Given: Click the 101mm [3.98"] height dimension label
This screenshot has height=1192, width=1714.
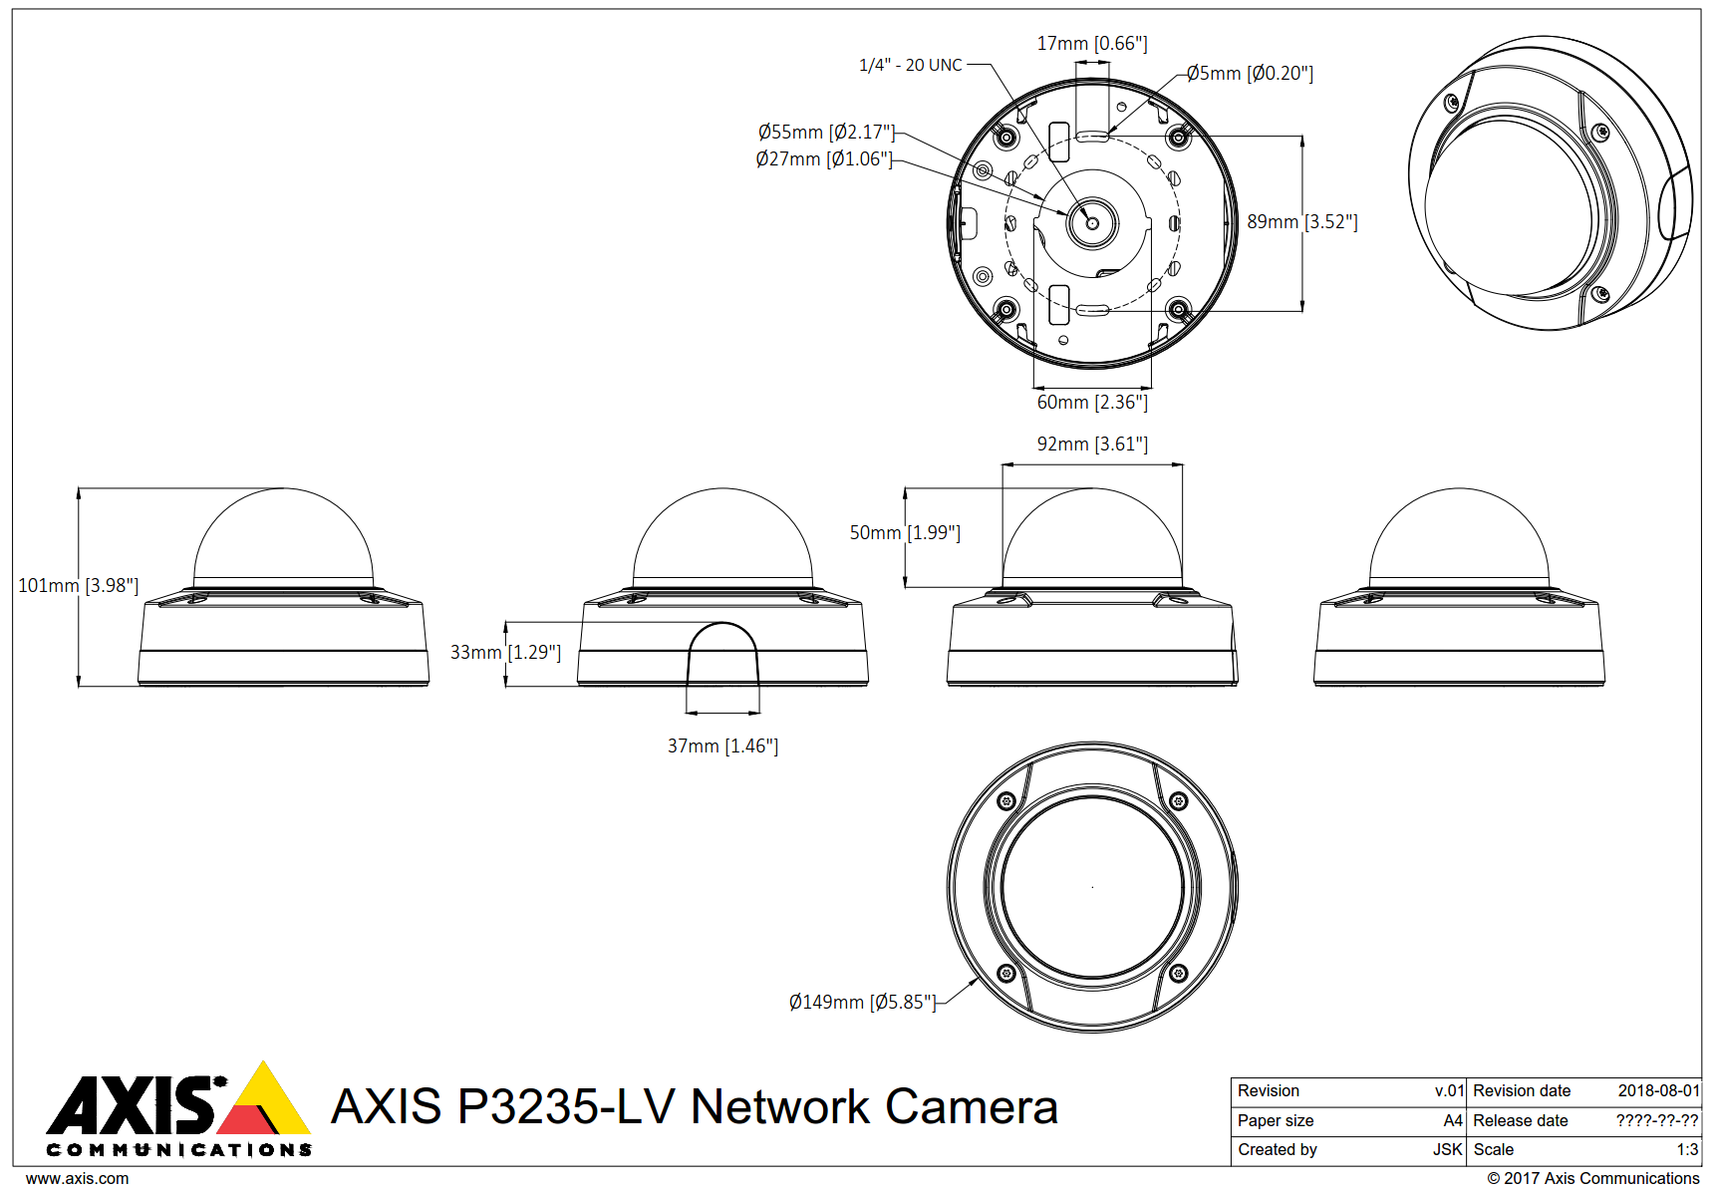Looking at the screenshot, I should (78, 586).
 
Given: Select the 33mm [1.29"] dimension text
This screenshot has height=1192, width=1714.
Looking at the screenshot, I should (505, 653).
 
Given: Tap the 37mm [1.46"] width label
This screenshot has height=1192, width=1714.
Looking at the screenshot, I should (722, 746).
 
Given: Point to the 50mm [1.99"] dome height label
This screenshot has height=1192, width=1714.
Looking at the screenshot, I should (905, 533).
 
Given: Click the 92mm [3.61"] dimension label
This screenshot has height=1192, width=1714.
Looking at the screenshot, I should (1092, 445).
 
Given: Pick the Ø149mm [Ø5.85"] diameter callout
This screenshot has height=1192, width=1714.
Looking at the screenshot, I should (862, 1003).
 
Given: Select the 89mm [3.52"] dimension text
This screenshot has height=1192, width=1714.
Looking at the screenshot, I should (1301, 222).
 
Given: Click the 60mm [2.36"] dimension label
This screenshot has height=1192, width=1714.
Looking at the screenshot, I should (1092, 403).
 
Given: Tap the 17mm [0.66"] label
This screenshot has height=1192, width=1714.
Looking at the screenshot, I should (1092, 44).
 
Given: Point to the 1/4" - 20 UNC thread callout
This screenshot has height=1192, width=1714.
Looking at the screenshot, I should (910, 66).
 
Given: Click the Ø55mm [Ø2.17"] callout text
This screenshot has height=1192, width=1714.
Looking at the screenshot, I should (826, 133).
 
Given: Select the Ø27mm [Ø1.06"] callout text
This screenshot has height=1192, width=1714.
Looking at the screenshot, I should (823, 159).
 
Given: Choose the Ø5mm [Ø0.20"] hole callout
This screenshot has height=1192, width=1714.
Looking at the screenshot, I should (1250, 74).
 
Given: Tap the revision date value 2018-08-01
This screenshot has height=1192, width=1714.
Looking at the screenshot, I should (1658, 1091).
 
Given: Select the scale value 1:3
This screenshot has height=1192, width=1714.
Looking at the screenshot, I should (1687, 1150).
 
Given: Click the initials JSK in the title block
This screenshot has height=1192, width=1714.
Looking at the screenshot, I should (1447, 1150).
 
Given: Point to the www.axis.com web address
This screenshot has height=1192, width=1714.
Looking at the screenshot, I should (77, 1179).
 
